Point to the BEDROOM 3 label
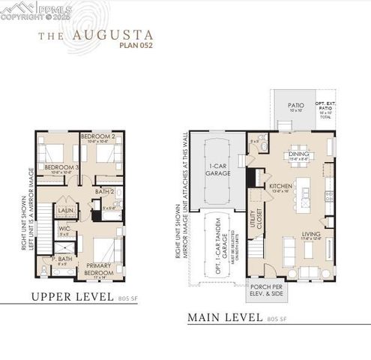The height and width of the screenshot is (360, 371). [x=61, y=166]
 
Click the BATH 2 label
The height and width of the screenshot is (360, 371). [x=105, y=192]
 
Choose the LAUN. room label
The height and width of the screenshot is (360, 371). [x=66, y=211]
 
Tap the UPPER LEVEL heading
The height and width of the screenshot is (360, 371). [x=73, y=297]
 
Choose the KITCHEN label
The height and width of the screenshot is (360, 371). [x=280, y=186]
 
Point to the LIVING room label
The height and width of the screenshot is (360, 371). [x=310, y=234]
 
